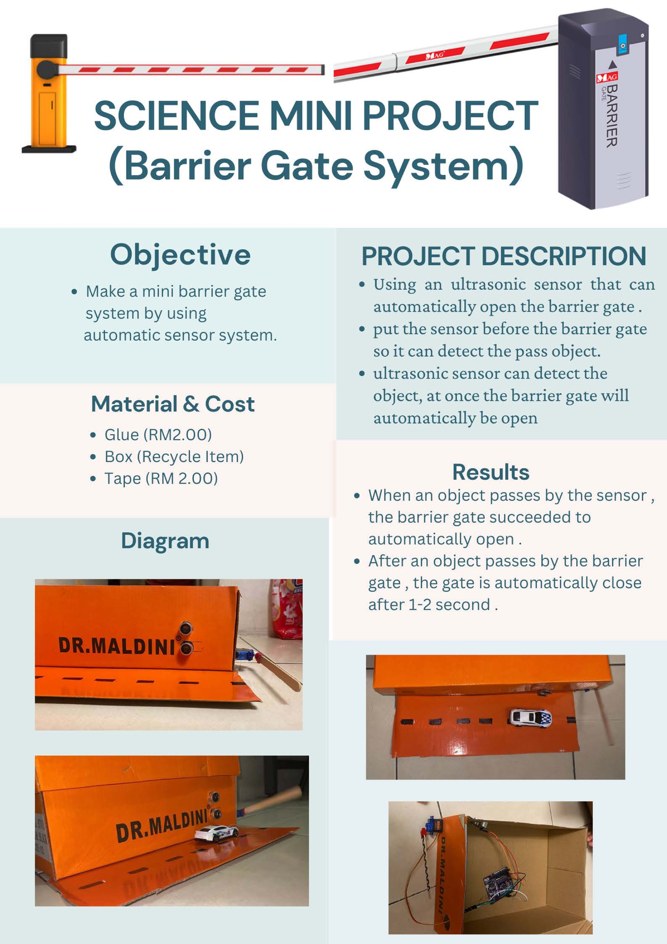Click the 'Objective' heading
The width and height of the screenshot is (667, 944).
tap(180, 255)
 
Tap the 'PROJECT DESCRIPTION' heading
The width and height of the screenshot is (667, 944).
tap(503, 257)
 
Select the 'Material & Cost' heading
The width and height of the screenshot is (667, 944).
tap(172, 404)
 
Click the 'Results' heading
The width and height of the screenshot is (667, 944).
tap(490, 472)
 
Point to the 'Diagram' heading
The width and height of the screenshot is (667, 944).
tap(165, 541)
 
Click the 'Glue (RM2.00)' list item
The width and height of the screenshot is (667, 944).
tap(158, 435)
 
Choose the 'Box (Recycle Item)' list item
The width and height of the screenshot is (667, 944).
tap(174, 456)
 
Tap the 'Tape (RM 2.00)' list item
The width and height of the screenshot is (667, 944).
tap(161, 479)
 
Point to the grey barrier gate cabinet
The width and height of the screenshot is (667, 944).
tap(603, 111)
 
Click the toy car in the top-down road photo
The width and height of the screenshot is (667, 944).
tap(530, 718)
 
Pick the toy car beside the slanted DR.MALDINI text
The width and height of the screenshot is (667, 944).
tap(216, 833)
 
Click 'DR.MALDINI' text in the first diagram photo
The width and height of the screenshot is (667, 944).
tap(117, 645)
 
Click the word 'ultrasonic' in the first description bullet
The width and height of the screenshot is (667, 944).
tap(488, 285)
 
